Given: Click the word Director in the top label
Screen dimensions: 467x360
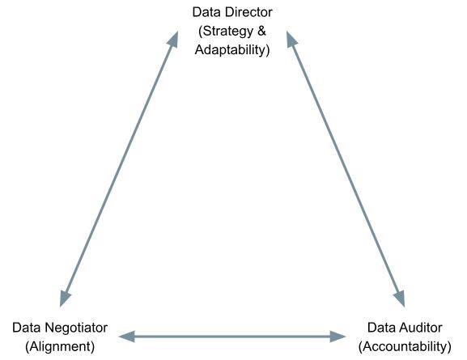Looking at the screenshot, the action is coord(248,12).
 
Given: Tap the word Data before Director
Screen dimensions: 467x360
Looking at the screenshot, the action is coord(206,12).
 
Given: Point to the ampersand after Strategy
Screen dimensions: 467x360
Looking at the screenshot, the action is coord(261,31).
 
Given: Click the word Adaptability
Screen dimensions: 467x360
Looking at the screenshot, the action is coord(232,50).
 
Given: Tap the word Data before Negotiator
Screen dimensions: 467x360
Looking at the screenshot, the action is coord(26,328).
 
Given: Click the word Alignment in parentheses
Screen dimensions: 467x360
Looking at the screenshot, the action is coord(60,346).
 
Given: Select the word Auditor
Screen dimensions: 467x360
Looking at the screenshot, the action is coord(420,328).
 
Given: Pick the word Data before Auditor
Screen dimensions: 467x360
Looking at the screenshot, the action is coord(381,328).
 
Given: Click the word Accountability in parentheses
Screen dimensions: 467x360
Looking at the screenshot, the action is coord(405,346).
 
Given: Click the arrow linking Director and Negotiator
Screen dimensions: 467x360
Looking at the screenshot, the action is coord(119,169).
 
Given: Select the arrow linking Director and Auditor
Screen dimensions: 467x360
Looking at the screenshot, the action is coord(346,169).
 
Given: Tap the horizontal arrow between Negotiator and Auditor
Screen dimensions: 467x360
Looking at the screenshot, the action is coord(232,337).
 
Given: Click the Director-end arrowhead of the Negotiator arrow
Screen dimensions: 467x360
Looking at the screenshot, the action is coord(174,40).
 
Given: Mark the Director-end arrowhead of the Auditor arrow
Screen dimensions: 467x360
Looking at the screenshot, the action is coord(291,40).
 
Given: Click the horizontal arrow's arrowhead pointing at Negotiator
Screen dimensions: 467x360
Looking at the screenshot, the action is coord(126,337).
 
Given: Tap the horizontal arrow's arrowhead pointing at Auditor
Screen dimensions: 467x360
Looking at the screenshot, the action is coord(338,337).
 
